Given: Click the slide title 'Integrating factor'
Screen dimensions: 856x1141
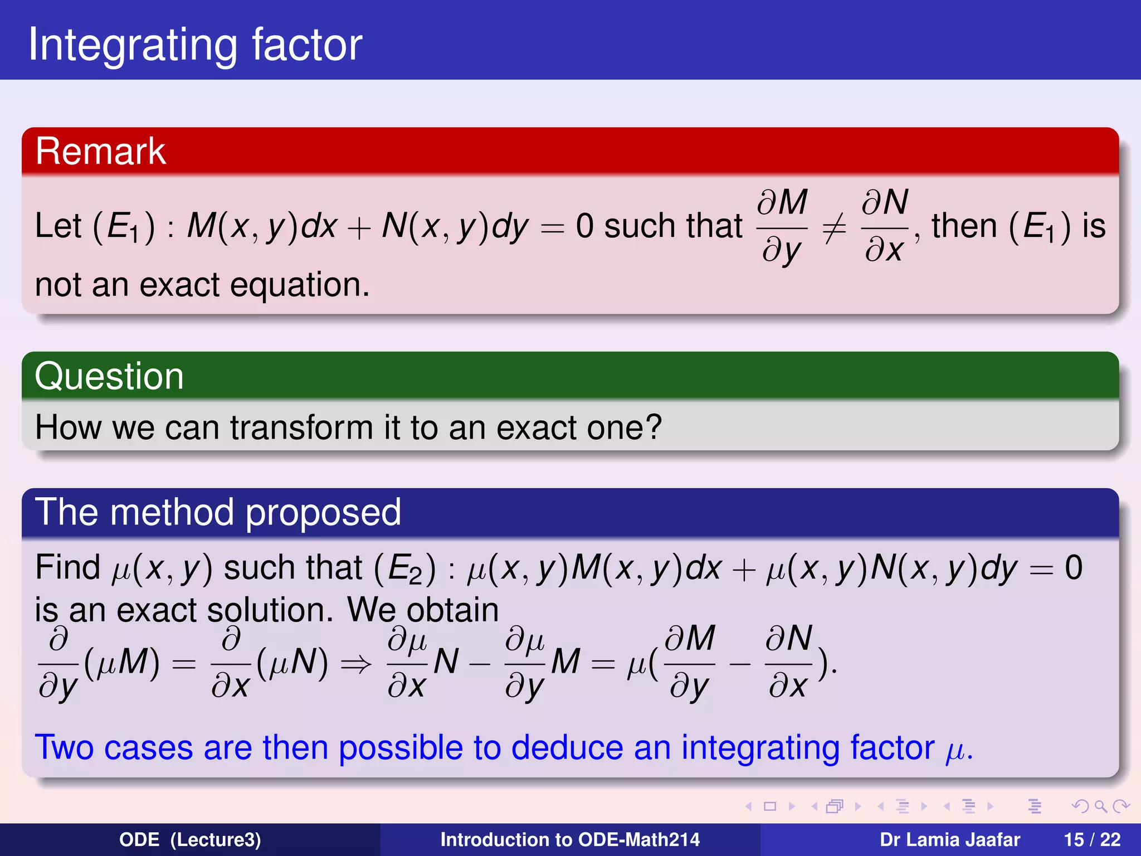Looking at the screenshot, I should click(195, 45).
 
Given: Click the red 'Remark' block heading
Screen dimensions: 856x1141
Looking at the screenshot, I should click(100, 151).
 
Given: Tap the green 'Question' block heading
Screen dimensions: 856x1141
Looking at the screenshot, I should click(109, 376).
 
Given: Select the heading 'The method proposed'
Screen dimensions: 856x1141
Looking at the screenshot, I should click(218, 512).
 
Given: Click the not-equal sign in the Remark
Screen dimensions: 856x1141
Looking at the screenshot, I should click(834, 228).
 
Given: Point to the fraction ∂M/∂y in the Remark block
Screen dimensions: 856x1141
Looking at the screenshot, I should click(782, 226).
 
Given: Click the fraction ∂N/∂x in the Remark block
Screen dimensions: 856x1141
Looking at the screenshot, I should click(885, 226).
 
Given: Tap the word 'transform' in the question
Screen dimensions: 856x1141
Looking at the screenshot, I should click(301, 428).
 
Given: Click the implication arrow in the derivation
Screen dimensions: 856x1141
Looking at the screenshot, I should click(355, 664).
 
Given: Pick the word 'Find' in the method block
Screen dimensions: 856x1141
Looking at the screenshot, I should click(67, 568).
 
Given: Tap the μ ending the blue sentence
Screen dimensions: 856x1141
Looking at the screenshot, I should click(955, 751).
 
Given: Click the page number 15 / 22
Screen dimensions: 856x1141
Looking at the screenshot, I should click(1092, 840).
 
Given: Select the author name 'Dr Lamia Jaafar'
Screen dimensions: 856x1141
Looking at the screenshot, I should click(950, 840).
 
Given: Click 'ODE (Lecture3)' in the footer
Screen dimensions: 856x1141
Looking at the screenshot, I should click(190, 840).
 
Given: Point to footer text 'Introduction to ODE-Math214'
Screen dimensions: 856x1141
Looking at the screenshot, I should click(570, 840).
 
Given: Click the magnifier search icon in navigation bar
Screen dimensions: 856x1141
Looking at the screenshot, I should click(1100, 806).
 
